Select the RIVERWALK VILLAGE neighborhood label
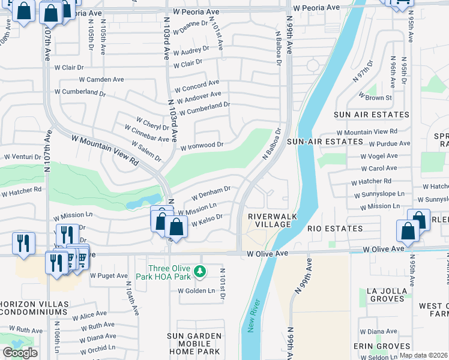tap(269, 220)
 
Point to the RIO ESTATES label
tap(335, 229)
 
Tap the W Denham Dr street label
tap(211, 193)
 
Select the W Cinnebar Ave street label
tap(146, 134)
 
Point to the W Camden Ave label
tap(101, 79)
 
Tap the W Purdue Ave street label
tap(389, 143)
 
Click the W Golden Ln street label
tap(196, 291)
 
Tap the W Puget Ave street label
tap(109, 276)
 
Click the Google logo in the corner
tap(20, 353)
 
